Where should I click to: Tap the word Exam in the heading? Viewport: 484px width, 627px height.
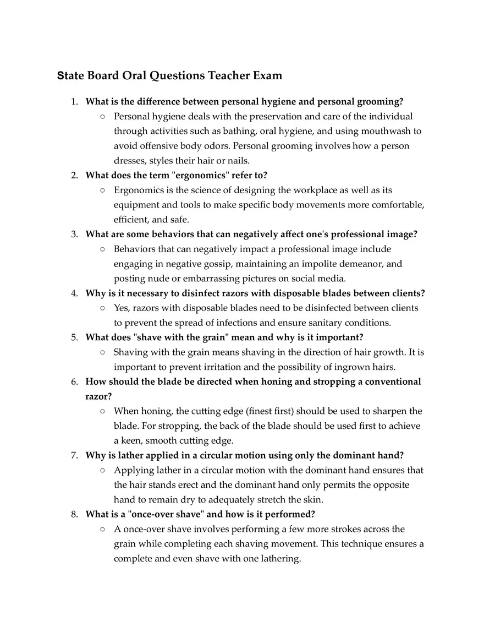pos(267,75)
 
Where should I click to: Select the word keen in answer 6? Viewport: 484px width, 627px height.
pos(133,440)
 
